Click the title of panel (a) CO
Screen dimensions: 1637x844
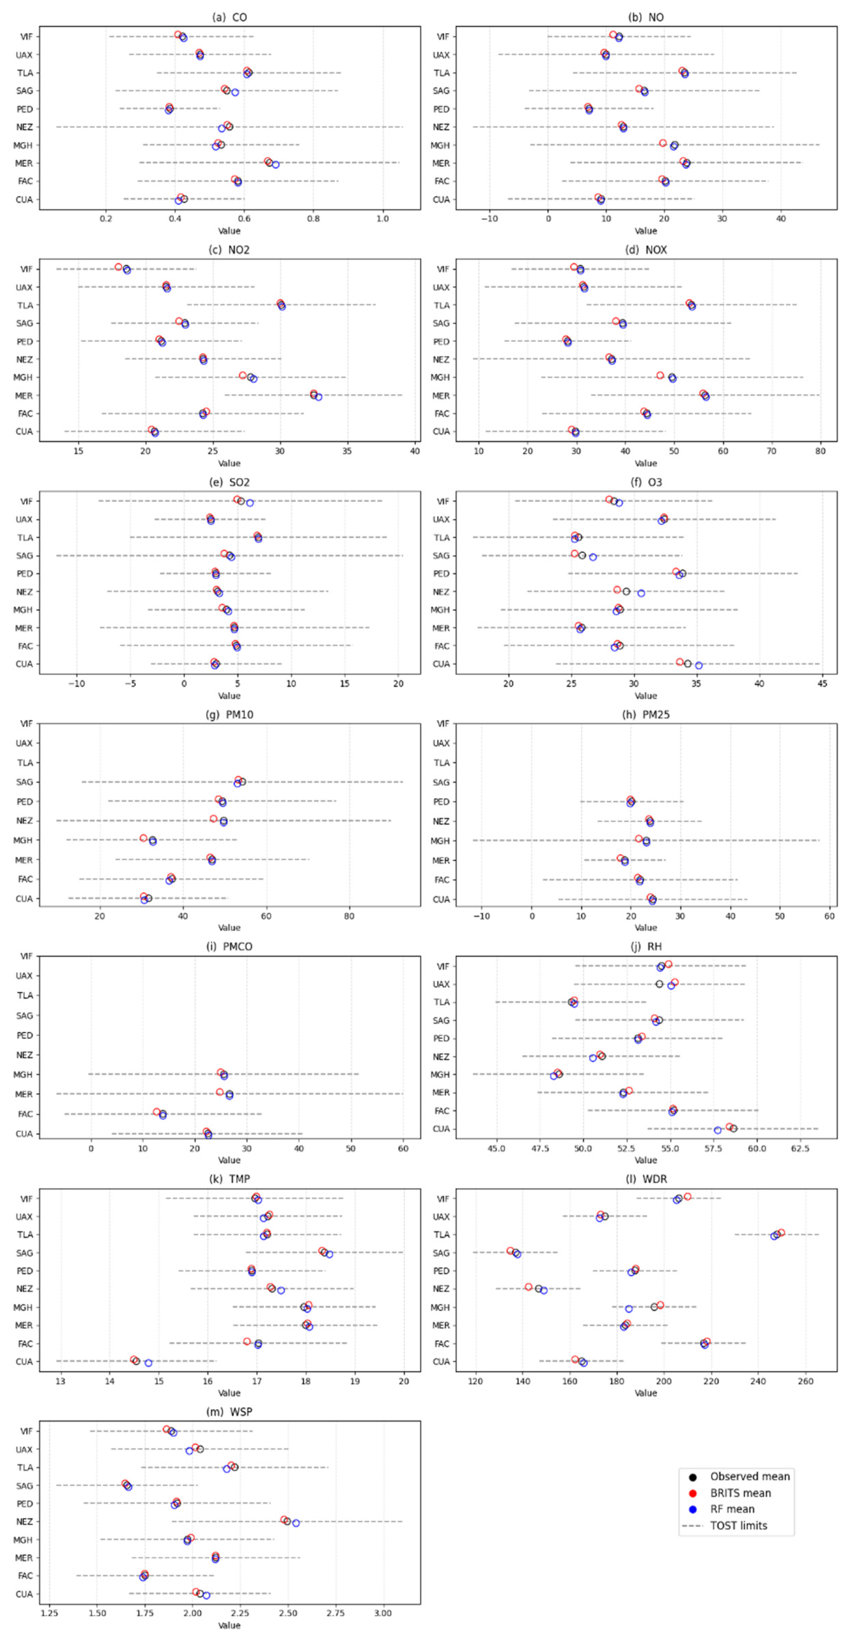[x=230, y=17]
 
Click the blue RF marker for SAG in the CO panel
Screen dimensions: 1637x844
[x=235, y=92]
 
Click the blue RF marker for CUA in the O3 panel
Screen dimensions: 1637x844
[x=698, y=666]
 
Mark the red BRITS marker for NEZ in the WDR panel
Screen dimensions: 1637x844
[x=529, y=1287]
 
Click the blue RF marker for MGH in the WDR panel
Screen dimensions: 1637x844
[x=629, y=1309]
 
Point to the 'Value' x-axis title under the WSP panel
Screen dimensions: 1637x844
[x=230, y=1625]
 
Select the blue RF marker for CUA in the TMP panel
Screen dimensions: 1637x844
[x=148, y=1363]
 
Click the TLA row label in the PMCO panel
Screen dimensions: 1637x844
[x=25, y=995]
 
